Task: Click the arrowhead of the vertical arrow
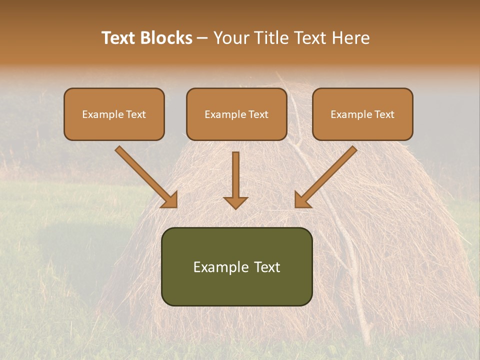(x=235, y=202)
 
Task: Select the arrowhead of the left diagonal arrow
(x=170, y=200)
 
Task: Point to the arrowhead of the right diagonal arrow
(x=302, y=200)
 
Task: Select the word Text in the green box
(x=266, y=267)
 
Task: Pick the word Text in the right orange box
(x=384, y=114)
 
